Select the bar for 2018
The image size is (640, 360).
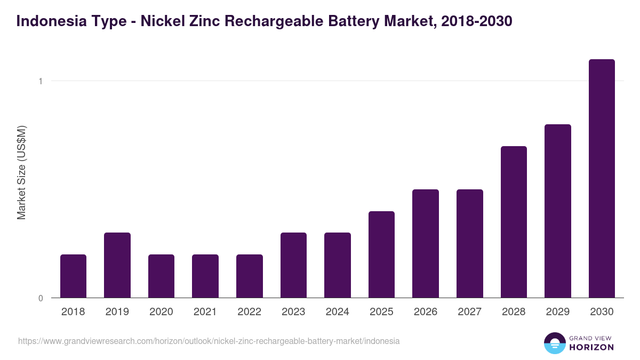(73, 276)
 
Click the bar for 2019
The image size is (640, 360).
(117, 265)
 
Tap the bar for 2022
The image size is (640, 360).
(250, 276)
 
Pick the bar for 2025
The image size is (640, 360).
(381, 254)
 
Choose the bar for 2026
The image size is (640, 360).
(426, 243)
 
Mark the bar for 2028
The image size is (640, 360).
(514, 222)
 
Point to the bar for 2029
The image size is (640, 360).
(558, 211)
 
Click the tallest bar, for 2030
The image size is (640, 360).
(602, 178)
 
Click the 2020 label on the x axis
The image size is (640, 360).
(161, 312)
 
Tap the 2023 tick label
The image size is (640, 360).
(293, 312)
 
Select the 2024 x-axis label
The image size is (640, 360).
(338, 312)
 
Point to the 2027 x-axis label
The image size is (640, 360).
(470, 312)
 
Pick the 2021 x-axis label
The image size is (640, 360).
(205, 312)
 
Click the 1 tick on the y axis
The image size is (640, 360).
(40, 81)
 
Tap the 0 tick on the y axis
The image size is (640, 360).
(40, 298)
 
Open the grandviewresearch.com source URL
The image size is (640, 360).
(209, 341)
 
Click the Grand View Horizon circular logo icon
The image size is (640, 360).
(554, 343)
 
